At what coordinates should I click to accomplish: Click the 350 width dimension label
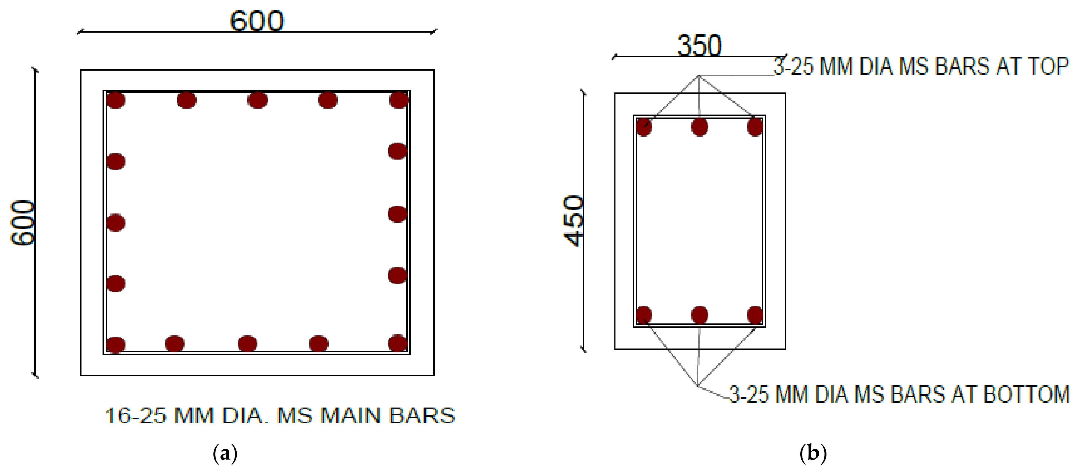coord(699,46)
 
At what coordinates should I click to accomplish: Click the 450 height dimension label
coord(574,221)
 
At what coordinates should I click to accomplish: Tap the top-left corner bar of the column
coord(115,100)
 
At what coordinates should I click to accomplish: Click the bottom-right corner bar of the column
coord(397,343)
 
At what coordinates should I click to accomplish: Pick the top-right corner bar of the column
coord(399,100)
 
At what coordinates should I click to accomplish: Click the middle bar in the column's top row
coord(257,100)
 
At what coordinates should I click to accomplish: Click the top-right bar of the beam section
coord(755,127)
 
